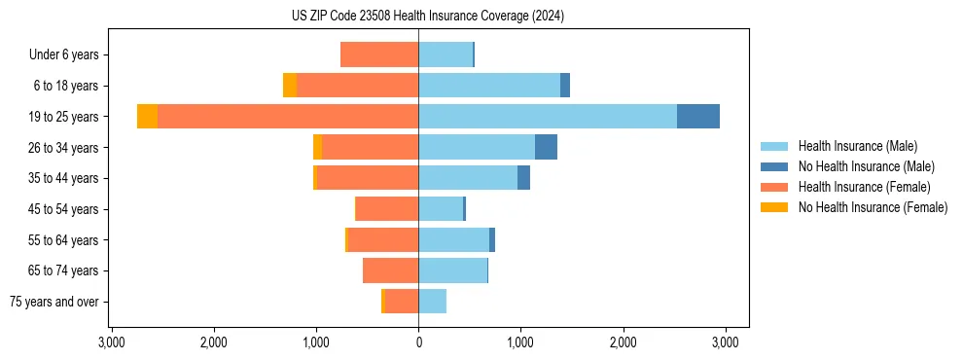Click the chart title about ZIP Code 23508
[427, 17]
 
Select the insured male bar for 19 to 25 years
[548, 117]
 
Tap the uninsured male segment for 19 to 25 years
[698, 117]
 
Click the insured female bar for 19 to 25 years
[288, 117]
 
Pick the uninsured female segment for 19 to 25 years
[147, 117]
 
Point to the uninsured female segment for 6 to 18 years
[290, 86]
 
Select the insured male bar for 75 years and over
[433, 302]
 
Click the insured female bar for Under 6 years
[379, 54]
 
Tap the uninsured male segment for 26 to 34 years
[546, 148]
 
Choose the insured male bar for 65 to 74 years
[452, 270]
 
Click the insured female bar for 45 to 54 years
[387, 209]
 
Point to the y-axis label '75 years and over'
[54, 302]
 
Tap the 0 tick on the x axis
[418, 342]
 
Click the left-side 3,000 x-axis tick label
[111, 342]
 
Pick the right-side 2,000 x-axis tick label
[623, 342]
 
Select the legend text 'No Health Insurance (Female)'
[873, 207]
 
